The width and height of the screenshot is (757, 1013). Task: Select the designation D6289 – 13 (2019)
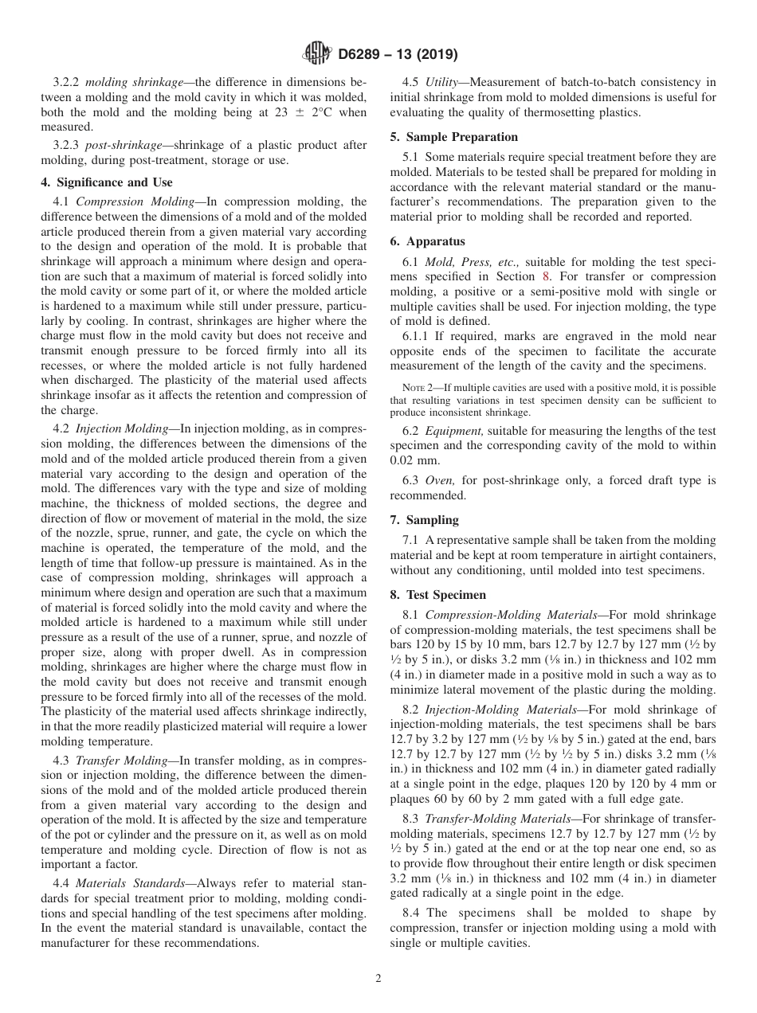click(x=392, y=55)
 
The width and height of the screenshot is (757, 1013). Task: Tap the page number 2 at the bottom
click(x=378, y=979)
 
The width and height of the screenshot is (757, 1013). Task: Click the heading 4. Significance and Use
click(x=106, y=182)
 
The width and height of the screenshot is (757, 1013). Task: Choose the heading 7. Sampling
click(x=425, y=520)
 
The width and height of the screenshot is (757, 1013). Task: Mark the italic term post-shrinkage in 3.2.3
click(x=116, y=145)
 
